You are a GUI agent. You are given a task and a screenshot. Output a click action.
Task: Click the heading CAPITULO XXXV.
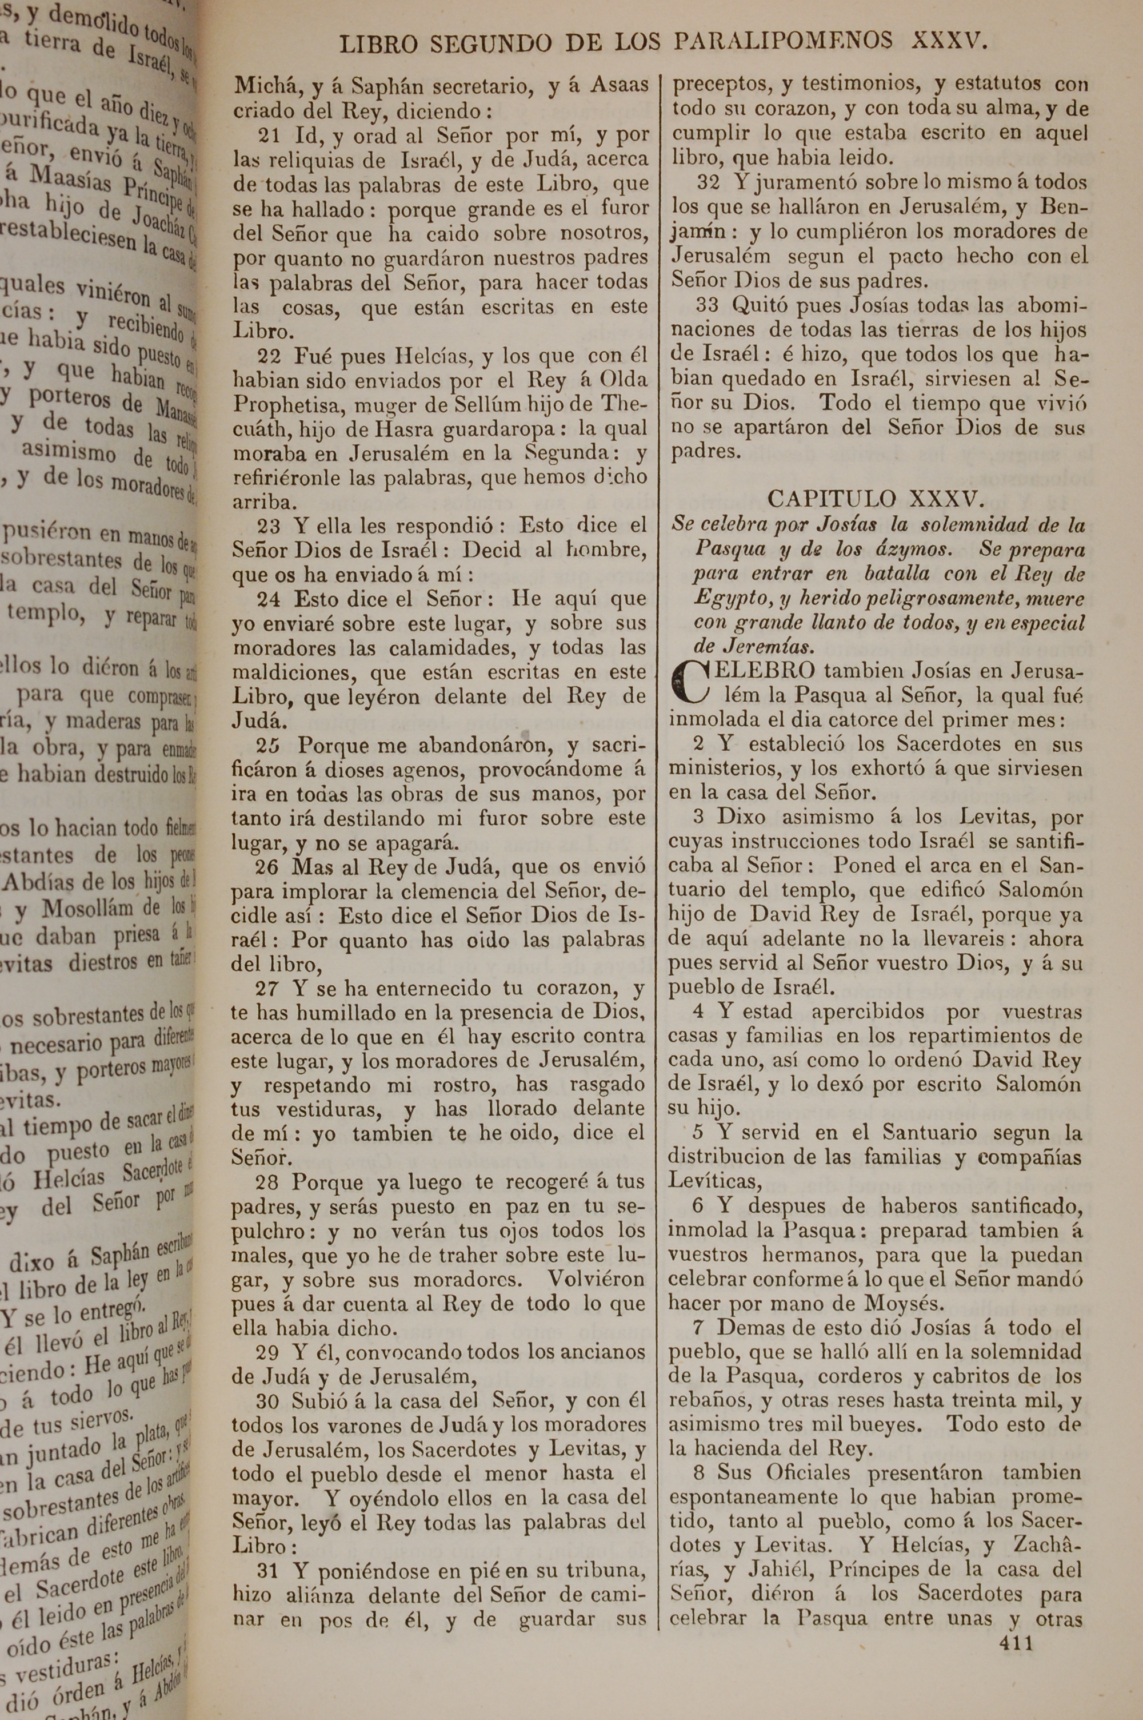pyautogui.click(x=876, y=499)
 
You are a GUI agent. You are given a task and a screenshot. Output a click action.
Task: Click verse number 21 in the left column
pyautogui.click(x=269, y=136)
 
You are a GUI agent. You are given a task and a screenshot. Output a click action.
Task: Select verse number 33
pyautogui.click(x=706, y=305)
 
